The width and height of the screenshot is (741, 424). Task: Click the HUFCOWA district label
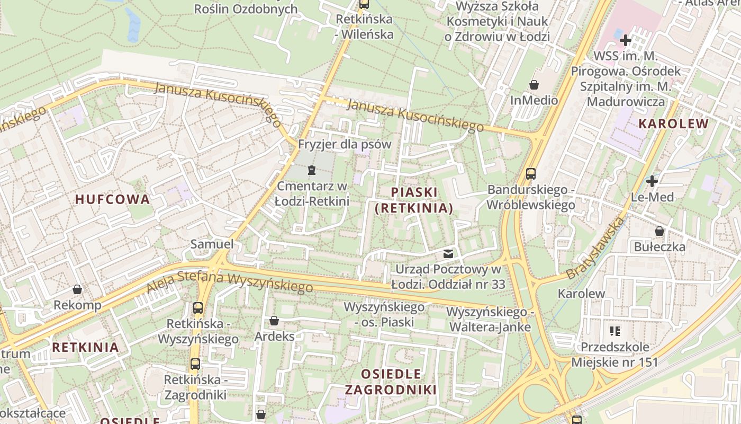112,199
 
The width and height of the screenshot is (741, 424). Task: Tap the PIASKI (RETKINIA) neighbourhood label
414,200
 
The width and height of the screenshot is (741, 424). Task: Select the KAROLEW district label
673,124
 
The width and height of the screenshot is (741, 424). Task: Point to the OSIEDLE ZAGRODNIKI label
391,382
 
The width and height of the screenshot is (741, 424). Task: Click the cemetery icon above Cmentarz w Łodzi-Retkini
311,170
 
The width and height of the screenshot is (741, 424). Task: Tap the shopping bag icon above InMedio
534,85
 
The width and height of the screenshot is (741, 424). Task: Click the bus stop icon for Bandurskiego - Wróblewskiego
530,174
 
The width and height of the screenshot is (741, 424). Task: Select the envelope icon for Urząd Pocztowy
448,254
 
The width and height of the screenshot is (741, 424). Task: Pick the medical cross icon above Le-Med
652,181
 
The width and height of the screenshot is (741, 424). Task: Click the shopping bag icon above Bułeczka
659,231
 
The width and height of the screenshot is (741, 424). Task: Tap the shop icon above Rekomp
77,289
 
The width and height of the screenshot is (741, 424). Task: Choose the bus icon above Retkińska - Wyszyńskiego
198,307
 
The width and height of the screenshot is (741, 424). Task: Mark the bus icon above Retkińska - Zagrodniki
195,364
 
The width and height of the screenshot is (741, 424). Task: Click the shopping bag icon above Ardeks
274,321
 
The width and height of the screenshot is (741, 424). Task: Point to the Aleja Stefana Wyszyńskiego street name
230,280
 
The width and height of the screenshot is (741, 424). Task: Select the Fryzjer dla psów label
345,144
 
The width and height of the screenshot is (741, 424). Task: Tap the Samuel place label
212,244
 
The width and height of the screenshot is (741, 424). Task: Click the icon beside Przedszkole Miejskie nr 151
615,332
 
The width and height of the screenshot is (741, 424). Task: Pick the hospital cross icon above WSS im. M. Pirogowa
626,40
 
